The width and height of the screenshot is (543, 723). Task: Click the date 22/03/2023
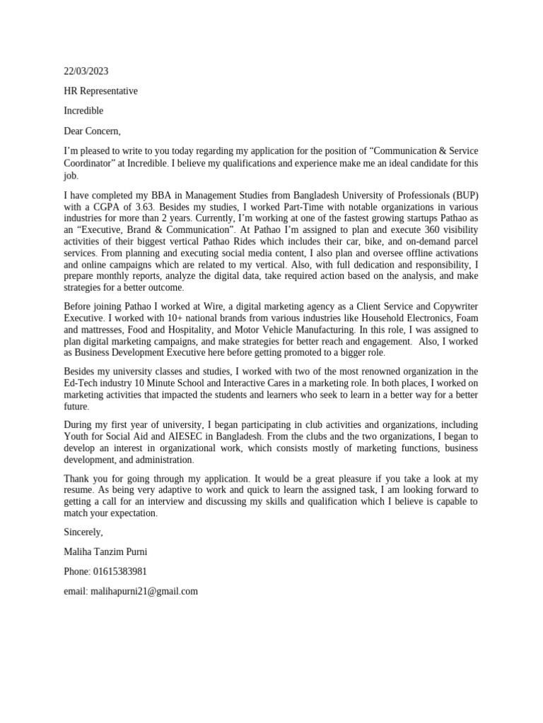pos(86,71)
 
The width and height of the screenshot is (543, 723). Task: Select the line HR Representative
pos(100,91)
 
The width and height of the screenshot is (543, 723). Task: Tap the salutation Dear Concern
pos(92,131)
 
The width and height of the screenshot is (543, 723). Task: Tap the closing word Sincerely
pos(83,532)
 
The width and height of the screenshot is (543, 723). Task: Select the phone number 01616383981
pos(119,571)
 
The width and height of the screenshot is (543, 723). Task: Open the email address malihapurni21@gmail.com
pos(144,591)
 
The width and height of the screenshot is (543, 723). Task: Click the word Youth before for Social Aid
pos(76,436)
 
